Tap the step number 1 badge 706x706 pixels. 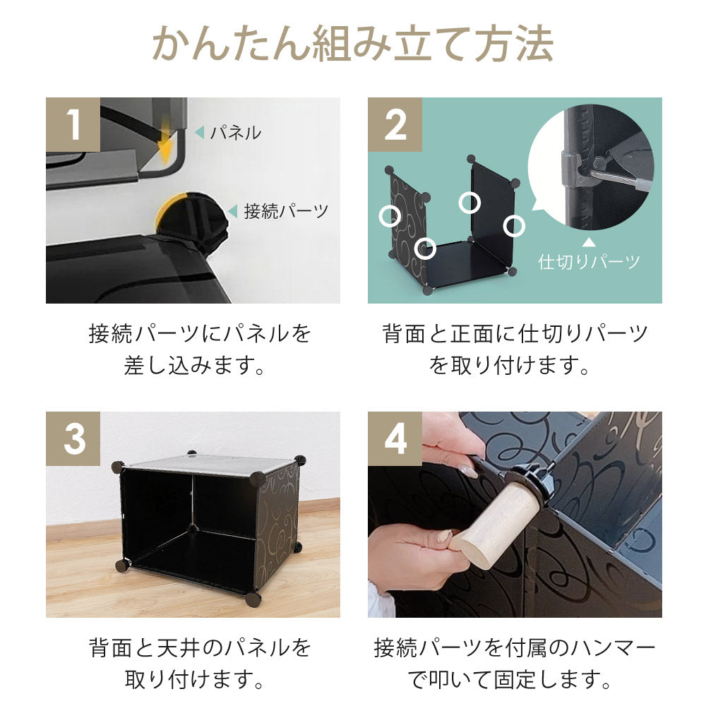(x=73, y=124)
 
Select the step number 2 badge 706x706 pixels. (x=395, y=124)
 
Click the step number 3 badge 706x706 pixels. (x=73, y=438)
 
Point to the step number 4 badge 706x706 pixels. (x=395, y=438)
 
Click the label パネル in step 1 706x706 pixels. (x=235, y=132)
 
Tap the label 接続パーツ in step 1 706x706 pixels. (x=286, y=211)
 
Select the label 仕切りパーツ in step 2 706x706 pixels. (x=590, y=262)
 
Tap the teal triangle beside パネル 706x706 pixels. (x=199, y=132)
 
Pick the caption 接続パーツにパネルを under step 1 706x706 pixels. (x=199, y=333)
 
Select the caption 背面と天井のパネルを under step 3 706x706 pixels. (x=199, y=647)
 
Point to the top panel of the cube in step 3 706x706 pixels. (x=212, y=465)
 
